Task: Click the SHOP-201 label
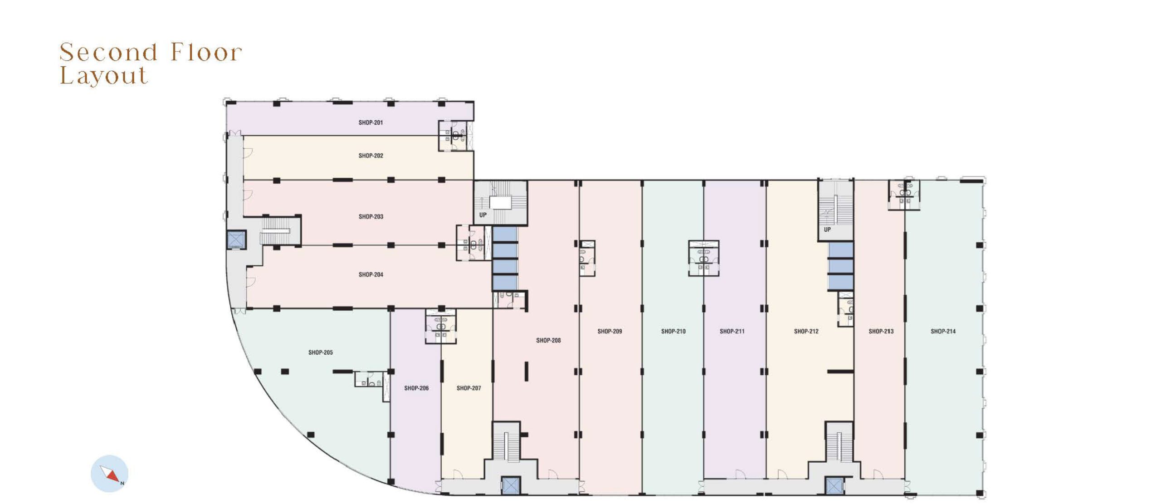click(371, 122)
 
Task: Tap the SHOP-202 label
click(371, 156)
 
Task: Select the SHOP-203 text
click(371, 217)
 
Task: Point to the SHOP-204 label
click(371, 274)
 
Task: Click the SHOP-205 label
click(320, 352)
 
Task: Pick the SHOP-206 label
click(416, 388)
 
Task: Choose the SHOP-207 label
click(468, 388)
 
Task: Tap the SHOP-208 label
click(548, 340)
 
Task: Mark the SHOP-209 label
click(610, 332)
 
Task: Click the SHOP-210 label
click(673, 332)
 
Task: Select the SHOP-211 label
click(732, 332)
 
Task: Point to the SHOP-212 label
click(806, 332)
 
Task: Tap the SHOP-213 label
click(881, 332)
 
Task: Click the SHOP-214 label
click(943, 332)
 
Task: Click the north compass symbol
click(110, 474)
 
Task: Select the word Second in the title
click(108, 52)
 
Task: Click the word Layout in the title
click(104, 75)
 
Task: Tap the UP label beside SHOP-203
click(483, 215)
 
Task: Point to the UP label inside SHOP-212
click(827, 230)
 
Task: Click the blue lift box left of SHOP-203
click(236, 240)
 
